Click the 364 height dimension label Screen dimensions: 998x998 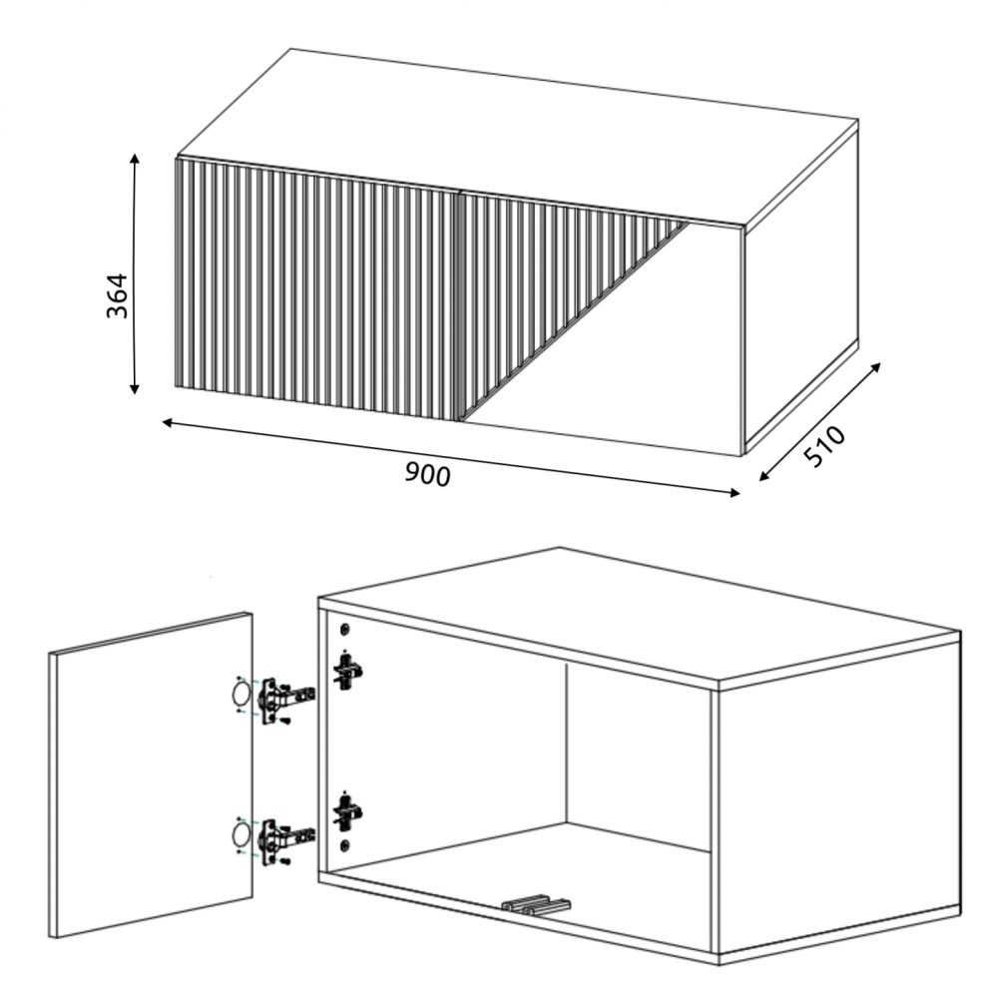pyautogui.click(x=117, y=296)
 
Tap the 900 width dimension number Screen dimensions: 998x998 pyautogui.click(x=428, y=474)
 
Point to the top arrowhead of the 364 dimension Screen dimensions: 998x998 pyautogui.click(x=134, y=159)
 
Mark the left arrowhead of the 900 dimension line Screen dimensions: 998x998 pyautogui.click(x=168, y=422)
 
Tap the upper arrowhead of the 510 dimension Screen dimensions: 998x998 pyautogui.click(x=876, y=368)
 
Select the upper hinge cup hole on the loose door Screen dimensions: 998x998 pyautogui.click(x=241, y=694)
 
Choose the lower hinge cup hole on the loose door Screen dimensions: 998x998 pyautogui.click(x=241, y=833)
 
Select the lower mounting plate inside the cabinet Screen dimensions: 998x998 pyautogui.click(x=347, y=812)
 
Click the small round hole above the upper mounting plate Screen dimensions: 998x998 pyautogui.click(x=345, y=630)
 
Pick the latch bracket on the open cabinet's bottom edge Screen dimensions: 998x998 pyautogui.click(x=536, y=904)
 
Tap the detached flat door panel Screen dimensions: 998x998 pyautogui.click(x=151, y=775)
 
